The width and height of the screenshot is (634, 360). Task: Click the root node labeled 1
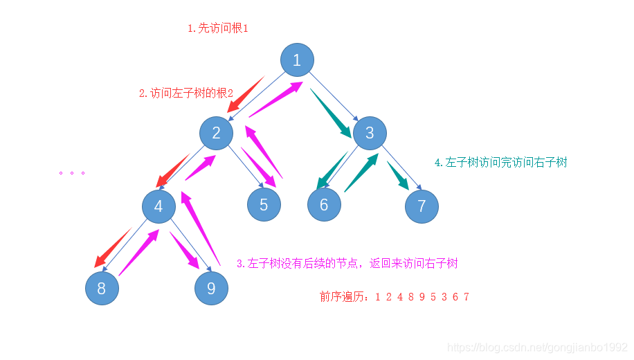coord(297,60)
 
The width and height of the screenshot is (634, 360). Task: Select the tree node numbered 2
coord(217,133)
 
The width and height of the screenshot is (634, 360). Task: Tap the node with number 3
coord(370,133)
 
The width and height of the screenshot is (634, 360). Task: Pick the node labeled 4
coord(159,206)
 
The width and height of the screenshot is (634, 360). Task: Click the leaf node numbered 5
coord(264,205)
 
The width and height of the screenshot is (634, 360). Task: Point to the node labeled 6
coord(325,205)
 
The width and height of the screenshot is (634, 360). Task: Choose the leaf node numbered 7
coord(422,206)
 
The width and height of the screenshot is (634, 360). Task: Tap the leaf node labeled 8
coord(102,288)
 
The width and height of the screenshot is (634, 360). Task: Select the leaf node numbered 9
coord(212,288)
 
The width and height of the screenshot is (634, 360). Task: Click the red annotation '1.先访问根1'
coord(218,28)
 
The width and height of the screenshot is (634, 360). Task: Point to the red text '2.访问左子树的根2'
coord(186,93)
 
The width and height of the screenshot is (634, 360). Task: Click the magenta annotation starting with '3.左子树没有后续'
coord(347,263)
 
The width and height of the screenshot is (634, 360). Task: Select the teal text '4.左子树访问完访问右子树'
coord(501,162)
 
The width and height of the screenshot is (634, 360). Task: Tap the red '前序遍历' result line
coord(395,297)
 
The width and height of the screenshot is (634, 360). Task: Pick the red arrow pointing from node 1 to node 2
coord(246,95)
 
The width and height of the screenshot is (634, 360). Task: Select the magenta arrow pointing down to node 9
coord(185,251)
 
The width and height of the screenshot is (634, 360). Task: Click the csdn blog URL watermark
coord(538,347)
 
